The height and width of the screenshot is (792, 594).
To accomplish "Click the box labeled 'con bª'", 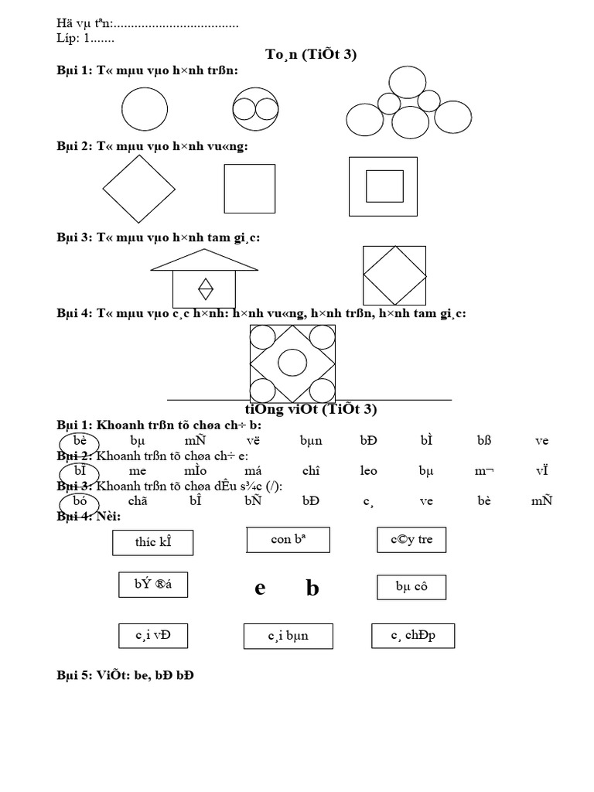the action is tap(288, 540).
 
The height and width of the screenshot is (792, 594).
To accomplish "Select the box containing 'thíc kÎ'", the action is tap(152, 542).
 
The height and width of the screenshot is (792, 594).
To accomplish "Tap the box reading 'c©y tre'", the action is tap(411, 540).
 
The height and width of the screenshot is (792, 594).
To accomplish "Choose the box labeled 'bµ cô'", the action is tap(411, 587).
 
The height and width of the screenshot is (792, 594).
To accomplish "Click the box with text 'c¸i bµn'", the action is tap(288, 637).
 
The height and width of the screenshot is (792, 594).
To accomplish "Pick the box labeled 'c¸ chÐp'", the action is tap(413, 636).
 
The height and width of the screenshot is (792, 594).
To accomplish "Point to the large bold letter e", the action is tap(260, 589).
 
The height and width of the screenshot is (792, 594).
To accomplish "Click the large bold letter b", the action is tap(312, 589).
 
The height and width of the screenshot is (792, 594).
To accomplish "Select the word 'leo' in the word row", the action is tap(369, 470).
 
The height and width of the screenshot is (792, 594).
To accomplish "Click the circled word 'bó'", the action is tap(80, 500).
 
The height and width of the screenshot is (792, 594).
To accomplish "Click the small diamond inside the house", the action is tap(206, 288).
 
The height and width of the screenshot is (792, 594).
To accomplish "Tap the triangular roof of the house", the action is tap(204, 261).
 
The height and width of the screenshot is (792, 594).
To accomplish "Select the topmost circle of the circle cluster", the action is tap(407, 83).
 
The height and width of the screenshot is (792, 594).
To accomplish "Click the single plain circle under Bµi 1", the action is tap(144, 109).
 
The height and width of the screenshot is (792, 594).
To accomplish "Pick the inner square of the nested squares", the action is tap(384, 186).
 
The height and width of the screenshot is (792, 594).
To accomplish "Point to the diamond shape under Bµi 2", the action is tap(139, 189).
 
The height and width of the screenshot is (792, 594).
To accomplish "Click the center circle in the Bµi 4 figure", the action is tap(292, 362).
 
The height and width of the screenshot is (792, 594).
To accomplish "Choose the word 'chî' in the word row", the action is tap(311, 470).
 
